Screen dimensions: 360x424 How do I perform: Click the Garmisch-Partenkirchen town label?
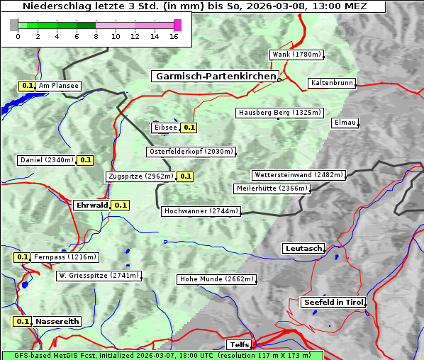tap(215, 76)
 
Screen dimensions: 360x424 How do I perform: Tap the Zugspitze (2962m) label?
tap(140, 176)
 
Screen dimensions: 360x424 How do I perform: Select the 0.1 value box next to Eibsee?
tap(189, 128)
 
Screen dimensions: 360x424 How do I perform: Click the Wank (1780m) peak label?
tap(297, 55)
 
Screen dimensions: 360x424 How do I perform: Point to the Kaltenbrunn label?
tap(331, 83)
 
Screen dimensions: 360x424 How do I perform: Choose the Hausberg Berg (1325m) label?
tap(279, 113)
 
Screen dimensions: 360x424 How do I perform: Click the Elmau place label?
tap(345, 123)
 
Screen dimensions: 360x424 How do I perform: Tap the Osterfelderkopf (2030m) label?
tap(191, 152)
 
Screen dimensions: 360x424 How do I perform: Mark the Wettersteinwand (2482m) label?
tap(299, 175)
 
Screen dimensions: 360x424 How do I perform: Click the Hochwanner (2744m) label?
tap(201, 211)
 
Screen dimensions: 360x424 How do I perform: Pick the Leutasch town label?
tap(303, 249)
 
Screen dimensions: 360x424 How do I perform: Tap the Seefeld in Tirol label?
tap(333, 302)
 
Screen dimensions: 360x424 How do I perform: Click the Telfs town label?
tap(238, 345)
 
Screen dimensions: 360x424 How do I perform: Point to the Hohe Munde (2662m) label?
tap(216, 279)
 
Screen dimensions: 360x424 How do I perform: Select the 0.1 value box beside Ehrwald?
tap(121, 206)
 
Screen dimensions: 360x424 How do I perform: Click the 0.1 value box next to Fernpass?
tap(22, 257)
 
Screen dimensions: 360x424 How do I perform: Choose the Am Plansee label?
tap(58, 86)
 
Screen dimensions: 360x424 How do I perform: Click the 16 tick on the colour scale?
tap(174, 36)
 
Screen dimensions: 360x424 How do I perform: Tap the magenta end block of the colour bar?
tap(177, 25)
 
